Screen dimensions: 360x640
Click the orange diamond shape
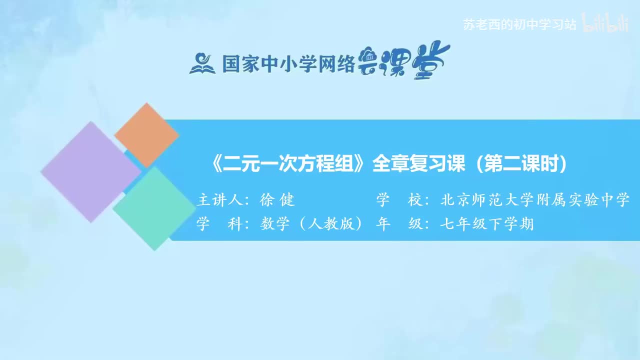[x=146, y=135]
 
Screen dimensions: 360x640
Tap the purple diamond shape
[x=90, y=171]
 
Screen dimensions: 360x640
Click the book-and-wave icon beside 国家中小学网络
[x=202, y=63]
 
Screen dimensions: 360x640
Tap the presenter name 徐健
[x=277, y=200]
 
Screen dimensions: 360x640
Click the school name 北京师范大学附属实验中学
[x=534, y=200]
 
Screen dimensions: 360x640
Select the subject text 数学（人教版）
[x=311, y=224]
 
